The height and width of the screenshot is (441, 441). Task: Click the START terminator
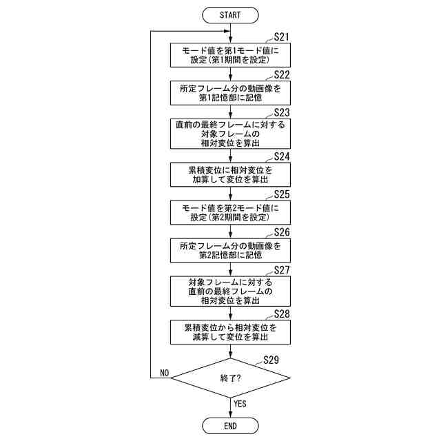(x=230, y=14)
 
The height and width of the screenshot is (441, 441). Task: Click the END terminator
(x=230, y=426)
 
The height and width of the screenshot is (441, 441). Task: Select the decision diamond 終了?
(x=230, y=378)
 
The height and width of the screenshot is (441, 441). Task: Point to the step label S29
(x=271, y=360)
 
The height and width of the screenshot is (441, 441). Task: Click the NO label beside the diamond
(x=164, y=372)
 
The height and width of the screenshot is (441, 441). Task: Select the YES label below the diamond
(x=240, y=404)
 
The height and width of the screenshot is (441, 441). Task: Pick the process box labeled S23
(x=230, y=134)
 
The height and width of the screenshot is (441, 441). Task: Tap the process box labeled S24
(x=230, y=174)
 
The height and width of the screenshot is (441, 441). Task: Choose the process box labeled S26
(x=230, y=250)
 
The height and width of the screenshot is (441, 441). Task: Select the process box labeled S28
(x=230, y=332)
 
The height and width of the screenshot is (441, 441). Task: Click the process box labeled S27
(x=230, y=291)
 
